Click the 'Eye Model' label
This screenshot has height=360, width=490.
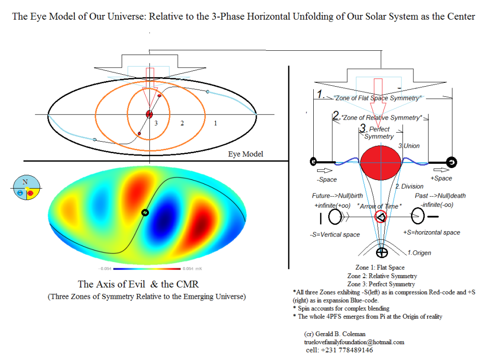click(x=245, y=154)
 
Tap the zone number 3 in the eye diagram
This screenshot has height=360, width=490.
click(x=156, y=124)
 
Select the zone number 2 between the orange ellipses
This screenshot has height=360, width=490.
click(x=182, y=124)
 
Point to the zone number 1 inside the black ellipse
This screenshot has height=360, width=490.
click(x=216, y=124)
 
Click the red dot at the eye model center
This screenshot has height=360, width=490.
click(x=149, y=114)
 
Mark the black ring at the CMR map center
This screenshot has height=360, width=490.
click(x=145, y=213)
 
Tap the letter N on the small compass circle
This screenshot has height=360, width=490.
click(x=25, y=182)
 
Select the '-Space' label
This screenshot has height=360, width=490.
click(x=327, y=180)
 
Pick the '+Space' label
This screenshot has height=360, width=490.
click(x=441, y=178)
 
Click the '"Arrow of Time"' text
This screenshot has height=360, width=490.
click(x=379, y=206)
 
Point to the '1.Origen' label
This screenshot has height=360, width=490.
click(x=419, y=253)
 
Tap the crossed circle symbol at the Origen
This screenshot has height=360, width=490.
click(x=382, y=252)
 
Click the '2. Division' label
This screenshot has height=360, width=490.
click(x=410, y=186)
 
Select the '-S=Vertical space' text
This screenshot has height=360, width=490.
click(x=335, y=235)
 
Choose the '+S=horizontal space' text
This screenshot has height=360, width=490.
click(x=432, y=232)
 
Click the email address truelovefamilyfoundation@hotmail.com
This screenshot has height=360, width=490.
click(x=354, y=342)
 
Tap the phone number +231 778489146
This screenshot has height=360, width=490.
click(x=347, y=350)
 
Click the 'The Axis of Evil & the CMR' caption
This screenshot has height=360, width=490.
click(x=138, y=284)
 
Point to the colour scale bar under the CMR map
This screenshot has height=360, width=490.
click(x=147, y=269)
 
